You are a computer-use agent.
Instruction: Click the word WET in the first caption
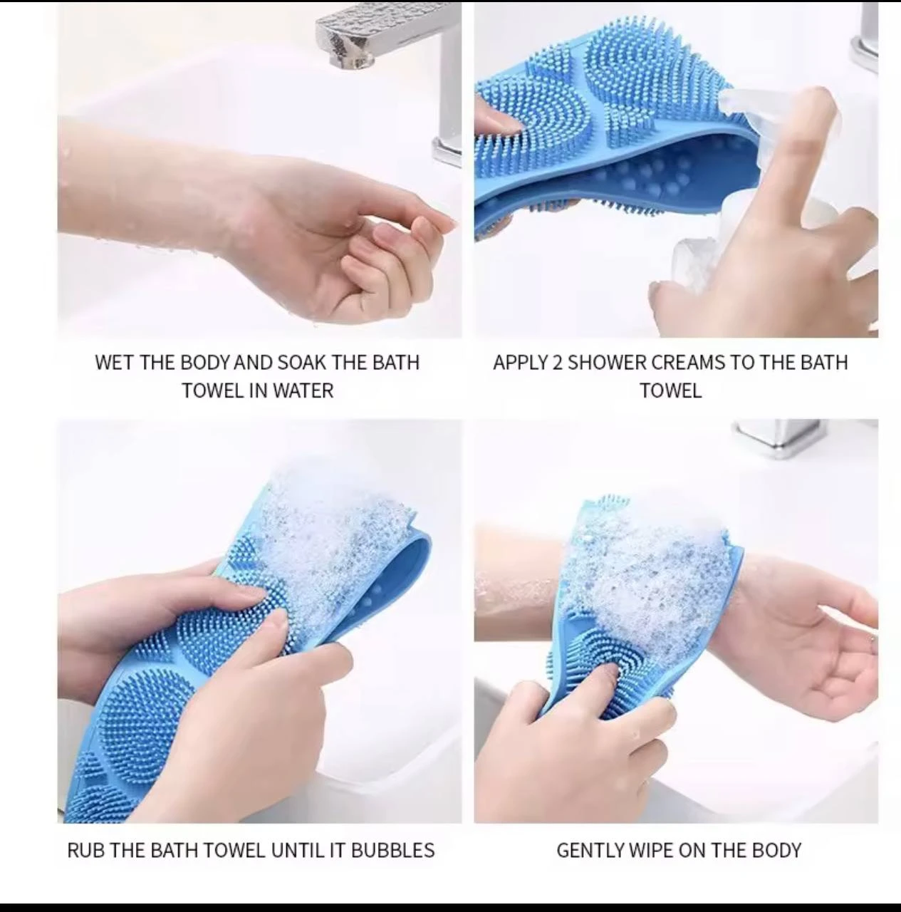pos(115,362)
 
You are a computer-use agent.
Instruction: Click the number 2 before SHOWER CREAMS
pos(558,362)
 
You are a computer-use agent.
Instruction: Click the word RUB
pos(85,850)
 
